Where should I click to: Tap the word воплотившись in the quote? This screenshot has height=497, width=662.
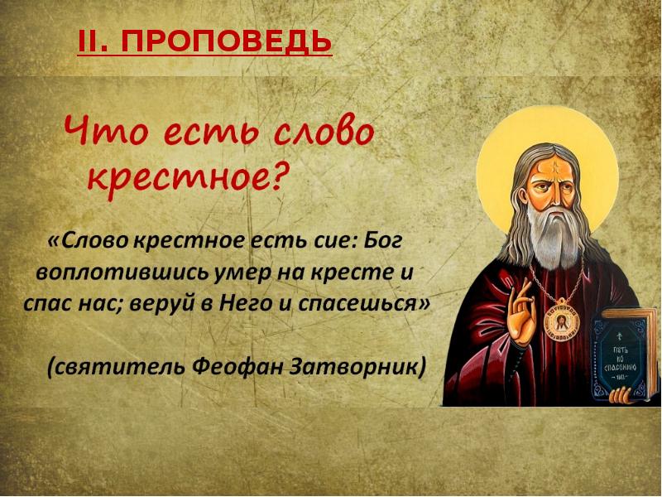[110, 273]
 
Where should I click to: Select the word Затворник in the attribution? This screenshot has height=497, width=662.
[359, 365]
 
